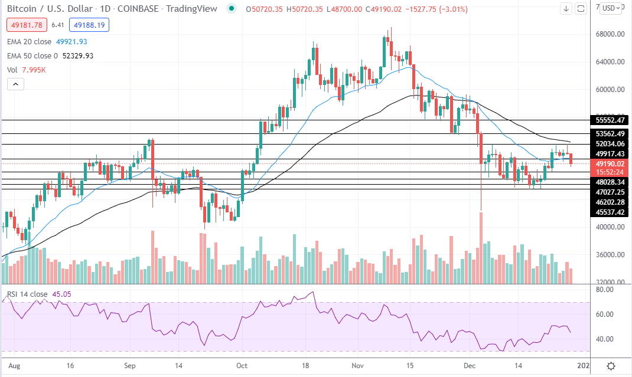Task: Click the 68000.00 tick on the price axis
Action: [x=610, y=34]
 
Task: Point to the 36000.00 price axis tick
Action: [x=610, y=255]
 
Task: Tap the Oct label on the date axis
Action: [x=242, y=366]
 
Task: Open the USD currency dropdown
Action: [x=610, y=8]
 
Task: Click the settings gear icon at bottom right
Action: [x=611, y=366]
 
